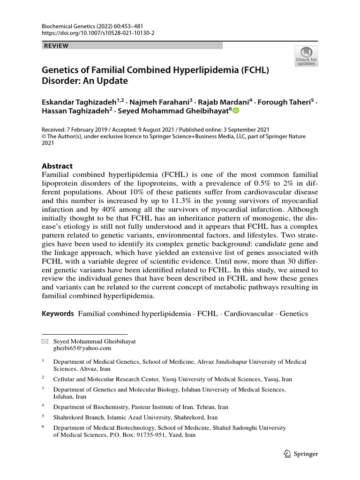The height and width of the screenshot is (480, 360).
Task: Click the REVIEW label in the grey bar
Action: point(56,45)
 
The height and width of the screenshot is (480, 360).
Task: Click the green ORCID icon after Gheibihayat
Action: point(236,111)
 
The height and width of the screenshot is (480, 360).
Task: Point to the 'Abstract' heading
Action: point(57,166)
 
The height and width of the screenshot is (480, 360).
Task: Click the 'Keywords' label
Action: point(58,314)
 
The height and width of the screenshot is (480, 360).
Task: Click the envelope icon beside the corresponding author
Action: point(45,342)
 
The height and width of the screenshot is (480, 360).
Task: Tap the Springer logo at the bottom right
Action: point(301,454)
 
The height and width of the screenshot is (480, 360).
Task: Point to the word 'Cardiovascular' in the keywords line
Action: point(248,314)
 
